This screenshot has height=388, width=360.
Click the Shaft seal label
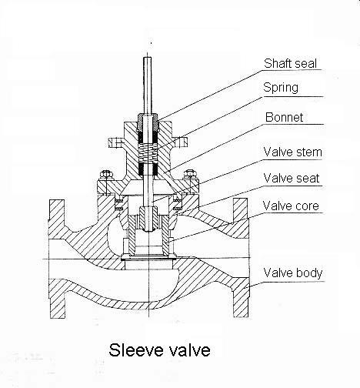click(x=290, y=63)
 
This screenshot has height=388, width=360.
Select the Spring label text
click(x=281, y=88)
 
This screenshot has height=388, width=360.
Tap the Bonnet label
click(x=284, y=117)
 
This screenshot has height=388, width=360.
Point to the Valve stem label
click(x=292, y=152)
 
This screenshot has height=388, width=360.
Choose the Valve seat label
click(x=292, y=178)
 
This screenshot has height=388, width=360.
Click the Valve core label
click(x=291, y=206)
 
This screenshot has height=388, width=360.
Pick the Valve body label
click(x=293, y=273)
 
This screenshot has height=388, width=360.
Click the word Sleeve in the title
click(x=136, y=350)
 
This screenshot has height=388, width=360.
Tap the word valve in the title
click(x=189, y=350)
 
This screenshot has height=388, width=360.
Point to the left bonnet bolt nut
click(x=107, y=174)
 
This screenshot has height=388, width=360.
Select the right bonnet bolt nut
click(x=190, y=174)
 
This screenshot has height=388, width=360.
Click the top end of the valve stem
click(x=147, y=58)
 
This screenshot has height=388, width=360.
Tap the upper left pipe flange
click(x=56, y=217)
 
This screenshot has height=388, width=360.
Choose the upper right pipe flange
click(x=241, y=218)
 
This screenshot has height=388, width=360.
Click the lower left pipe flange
click(x=57, y=299)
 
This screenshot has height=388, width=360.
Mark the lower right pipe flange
click(x=241, y=298)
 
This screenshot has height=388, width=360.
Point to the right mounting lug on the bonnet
click(x=179, y=142)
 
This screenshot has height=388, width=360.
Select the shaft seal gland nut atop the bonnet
click(x=148, y=122)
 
